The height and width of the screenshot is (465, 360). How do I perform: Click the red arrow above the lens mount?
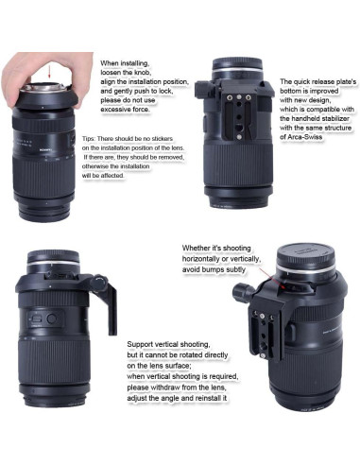[x=49, y=72]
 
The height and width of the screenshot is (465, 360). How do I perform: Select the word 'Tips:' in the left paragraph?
[x=89, y=139]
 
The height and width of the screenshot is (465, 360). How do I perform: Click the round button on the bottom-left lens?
[x=51, y=319]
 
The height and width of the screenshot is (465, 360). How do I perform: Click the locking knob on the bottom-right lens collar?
[x=242, y=292]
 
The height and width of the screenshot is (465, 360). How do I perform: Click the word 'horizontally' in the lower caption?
[x=201, y=259]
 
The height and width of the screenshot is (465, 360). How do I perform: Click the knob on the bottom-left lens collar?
[x=99, y=283]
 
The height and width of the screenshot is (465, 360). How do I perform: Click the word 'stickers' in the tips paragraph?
[x=162, y=139]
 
